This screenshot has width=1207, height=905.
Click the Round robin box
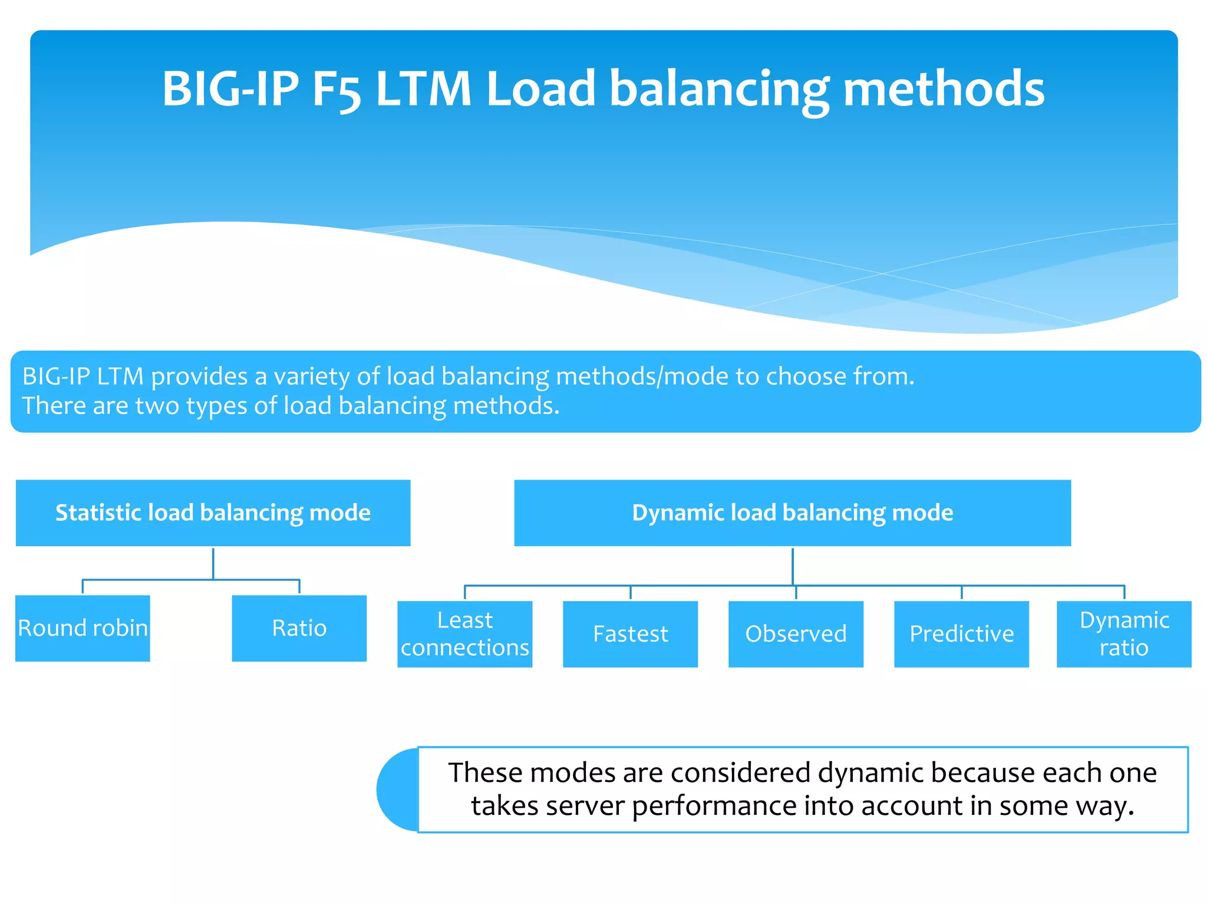[83, 628]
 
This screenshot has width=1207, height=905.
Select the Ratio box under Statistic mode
[299, 628]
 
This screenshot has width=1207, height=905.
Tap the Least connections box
[464, 634]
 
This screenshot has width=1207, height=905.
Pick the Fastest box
[630, 634]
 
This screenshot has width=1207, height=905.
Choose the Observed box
[796, 634]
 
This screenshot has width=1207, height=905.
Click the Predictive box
[961, 634]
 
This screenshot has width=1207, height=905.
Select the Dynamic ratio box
[1124, 634]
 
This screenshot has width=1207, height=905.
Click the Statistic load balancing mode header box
[213, 513]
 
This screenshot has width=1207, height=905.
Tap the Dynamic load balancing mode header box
[792, 513]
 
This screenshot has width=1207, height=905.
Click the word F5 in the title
[336, 90]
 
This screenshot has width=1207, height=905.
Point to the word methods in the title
[944, 90]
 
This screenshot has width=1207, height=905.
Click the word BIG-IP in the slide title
[230, 90]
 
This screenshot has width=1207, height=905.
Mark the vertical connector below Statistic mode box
[213, 563]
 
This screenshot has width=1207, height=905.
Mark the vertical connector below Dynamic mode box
[792, 566]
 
